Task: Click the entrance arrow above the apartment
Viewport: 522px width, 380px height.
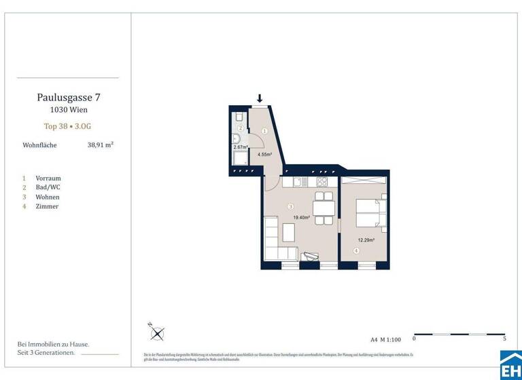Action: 260,98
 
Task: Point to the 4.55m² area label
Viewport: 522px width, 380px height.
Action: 264,155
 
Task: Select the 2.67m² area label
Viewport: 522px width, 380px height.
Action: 239,147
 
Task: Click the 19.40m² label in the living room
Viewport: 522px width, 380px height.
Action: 301,218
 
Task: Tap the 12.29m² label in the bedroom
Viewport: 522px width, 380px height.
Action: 367,240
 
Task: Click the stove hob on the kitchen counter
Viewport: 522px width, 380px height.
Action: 321,183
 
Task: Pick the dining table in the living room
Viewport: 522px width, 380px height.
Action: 324,206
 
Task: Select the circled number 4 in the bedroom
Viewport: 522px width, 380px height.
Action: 356,251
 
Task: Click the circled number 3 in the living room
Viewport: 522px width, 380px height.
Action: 290,206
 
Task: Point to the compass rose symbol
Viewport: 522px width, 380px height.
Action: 158,332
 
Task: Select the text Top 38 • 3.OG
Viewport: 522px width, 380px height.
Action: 67,126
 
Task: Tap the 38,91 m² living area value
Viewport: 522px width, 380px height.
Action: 100,145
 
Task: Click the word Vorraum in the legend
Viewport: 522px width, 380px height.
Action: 48,178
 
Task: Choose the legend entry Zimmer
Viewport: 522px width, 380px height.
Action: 47,206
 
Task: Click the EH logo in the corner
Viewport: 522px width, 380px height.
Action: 510,365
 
